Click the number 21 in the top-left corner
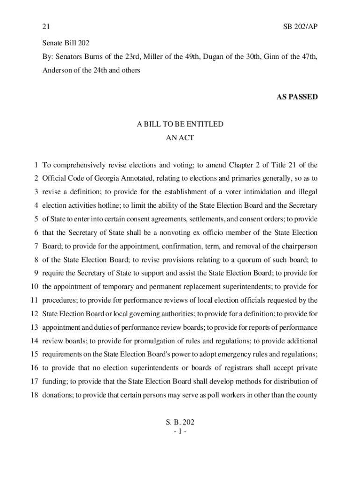tap(46, 27)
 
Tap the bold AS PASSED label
tap(297, 97)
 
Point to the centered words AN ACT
tap(180, 138)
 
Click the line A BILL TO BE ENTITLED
tap(180, 124)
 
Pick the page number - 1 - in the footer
tap(180, 431)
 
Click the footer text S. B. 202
tap(180, 422)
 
